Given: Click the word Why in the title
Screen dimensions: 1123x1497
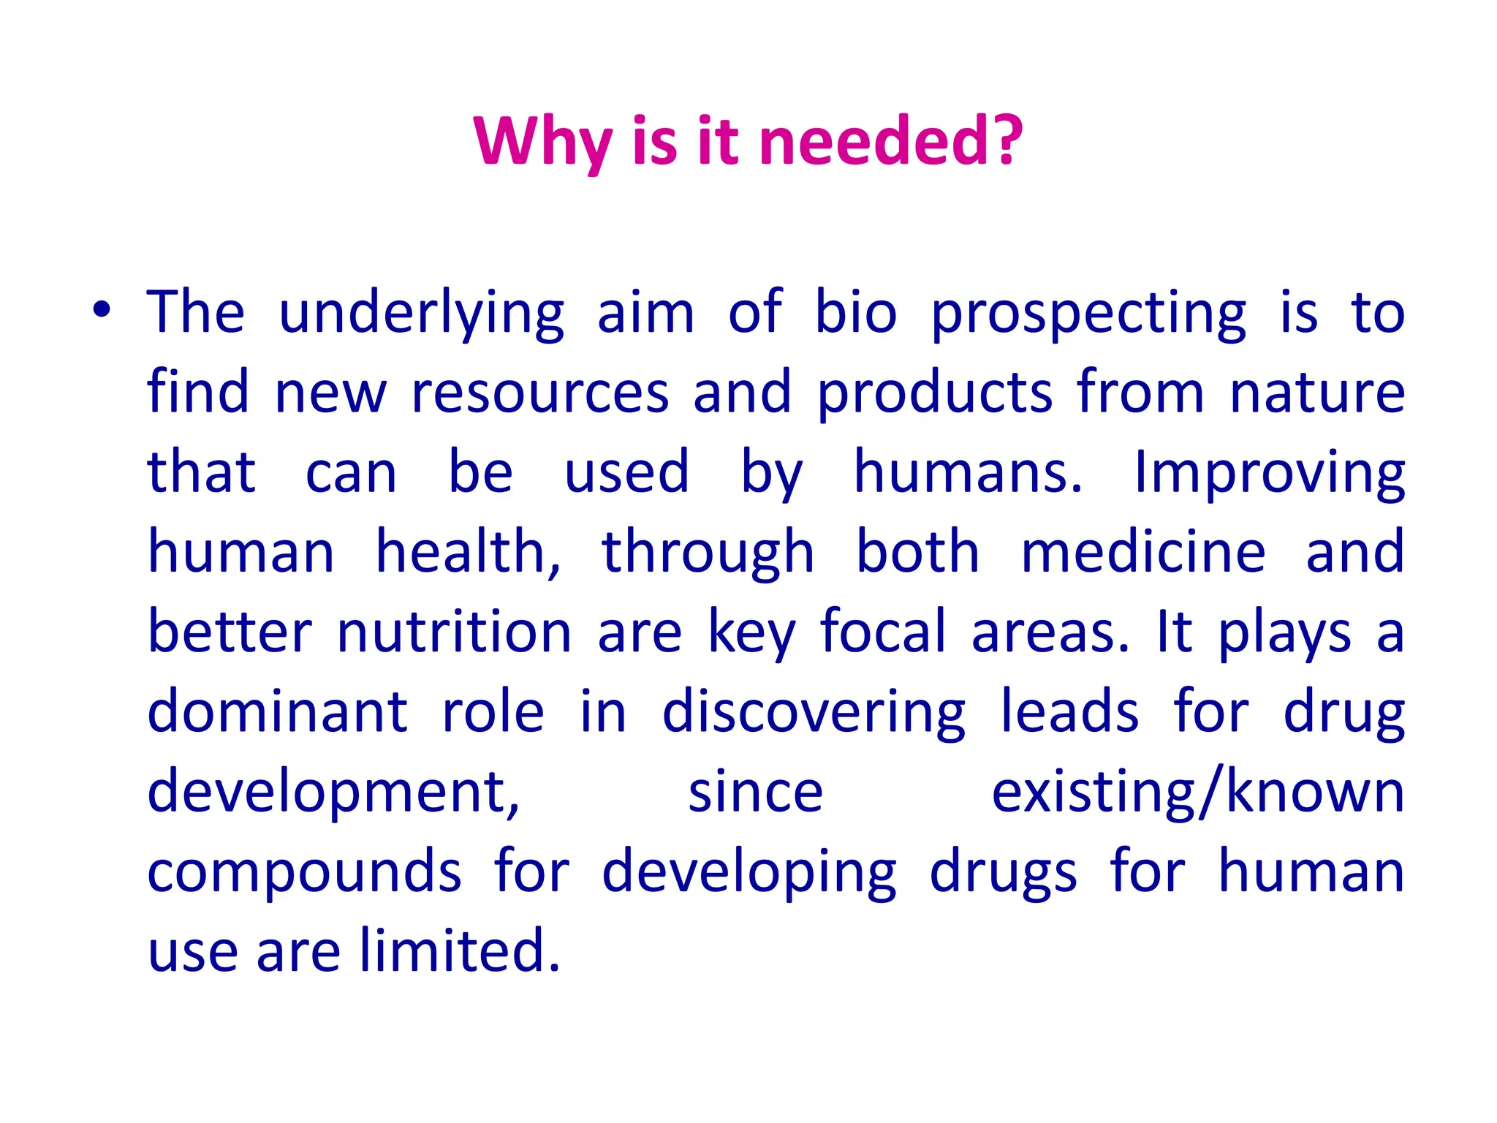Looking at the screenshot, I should click(542, 142).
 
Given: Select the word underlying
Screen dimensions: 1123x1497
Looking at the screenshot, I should click(422, 314).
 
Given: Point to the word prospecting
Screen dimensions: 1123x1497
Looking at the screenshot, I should click(1088, 314).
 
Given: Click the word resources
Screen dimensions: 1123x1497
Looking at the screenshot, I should click(540, 393).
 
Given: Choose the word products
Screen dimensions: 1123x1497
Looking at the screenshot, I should click(935, 393).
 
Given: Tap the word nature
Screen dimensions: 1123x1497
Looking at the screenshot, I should click(1317, 393).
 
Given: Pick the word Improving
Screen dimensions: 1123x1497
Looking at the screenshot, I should click(1269, 474).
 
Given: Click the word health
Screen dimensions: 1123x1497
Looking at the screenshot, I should click(468, 553).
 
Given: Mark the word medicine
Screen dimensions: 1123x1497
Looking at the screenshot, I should click(1143, 553).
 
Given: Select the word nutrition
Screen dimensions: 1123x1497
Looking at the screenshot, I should click(454, 632).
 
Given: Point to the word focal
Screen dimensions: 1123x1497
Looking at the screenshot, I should click(883, 632).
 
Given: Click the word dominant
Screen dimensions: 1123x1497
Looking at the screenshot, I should click(277, 712).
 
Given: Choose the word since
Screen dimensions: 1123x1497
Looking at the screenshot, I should click(755, 793).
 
